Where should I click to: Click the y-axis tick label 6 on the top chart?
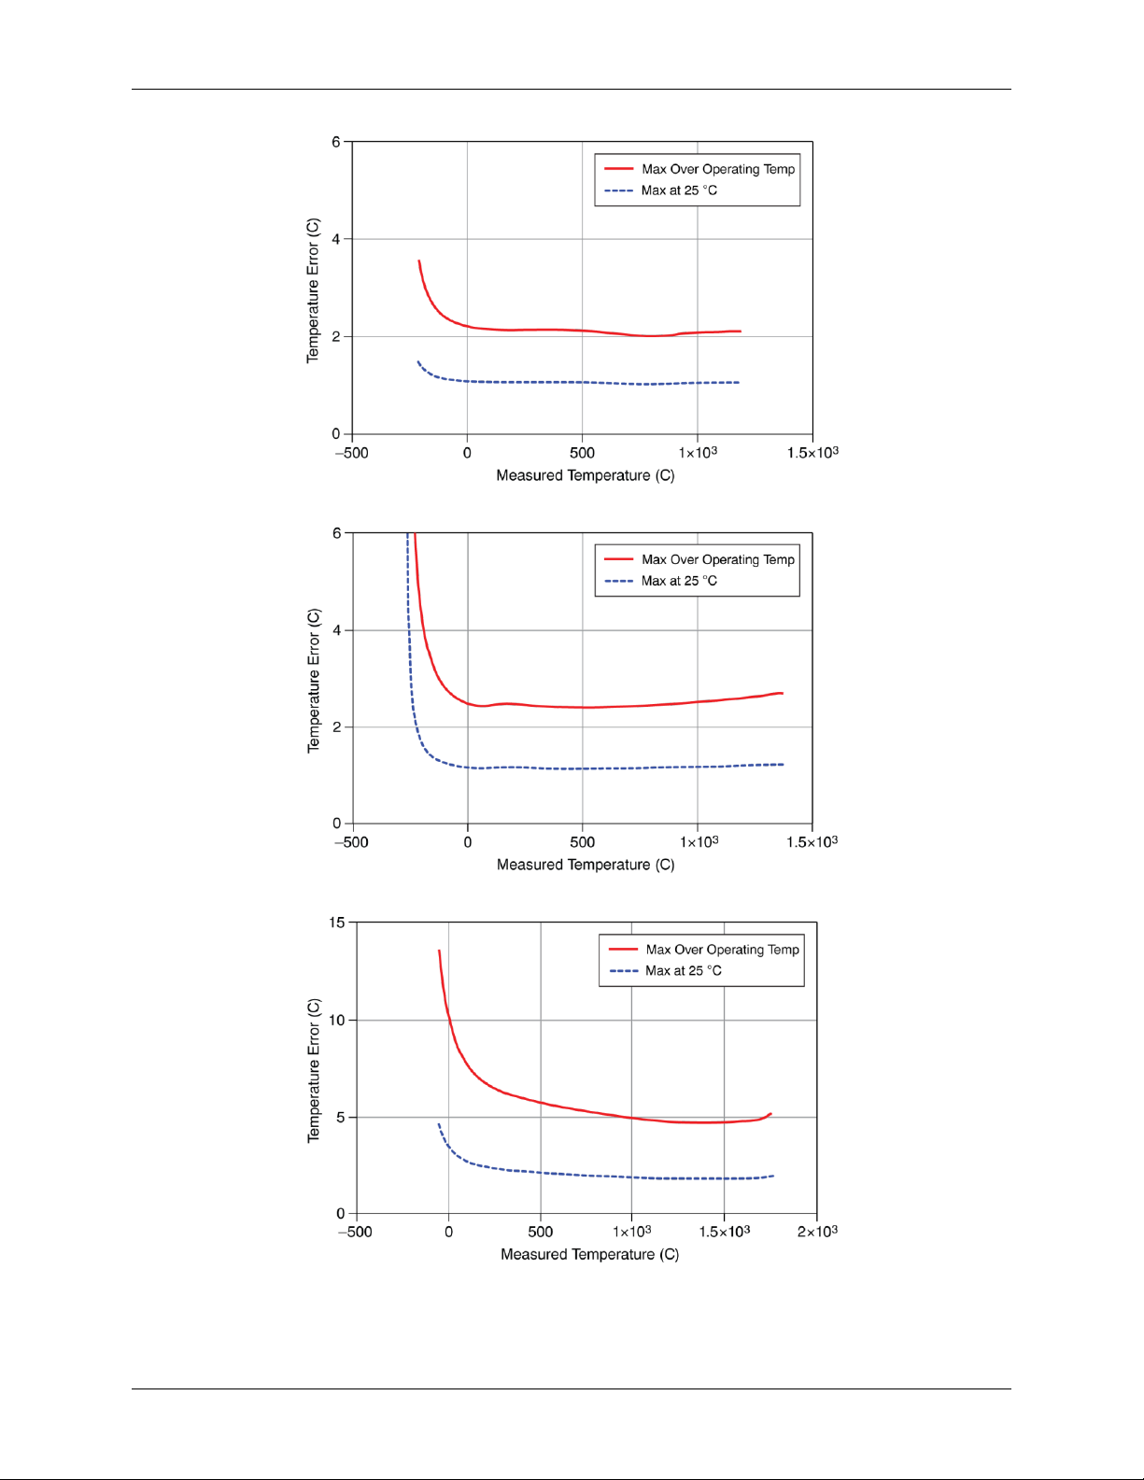coord(336,142)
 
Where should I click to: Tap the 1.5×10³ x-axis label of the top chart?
coord(812,453)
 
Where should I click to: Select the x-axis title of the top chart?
coord(585,475)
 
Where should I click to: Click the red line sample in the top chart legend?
coord(618,169)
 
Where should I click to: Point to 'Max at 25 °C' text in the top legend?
coord(679,190)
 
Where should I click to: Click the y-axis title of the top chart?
coord(313,290)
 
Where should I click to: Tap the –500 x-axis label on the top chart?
coord(351,453)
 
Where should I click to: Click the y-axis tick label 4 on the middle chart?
coord(337,630)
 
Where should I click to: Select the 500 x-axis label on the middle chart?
coord(582,842)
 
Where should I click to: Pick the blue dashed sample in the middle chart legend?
coord(618,581)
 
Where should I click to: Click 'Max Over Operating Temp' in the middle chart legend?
coord(717,559)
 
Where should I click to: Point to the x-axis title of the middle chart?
coord(586,865)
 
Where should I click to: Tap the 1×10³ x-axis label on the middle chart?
coord(699,842)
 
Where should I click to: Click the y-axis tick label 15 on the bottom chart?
coord(336,923)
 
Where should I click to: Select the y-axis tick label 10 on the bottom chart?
coord(336,1020)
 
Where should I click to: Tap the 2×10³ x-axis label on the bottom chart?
coord(817,1232)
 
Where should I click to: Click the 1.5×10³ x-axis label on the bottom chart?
coord(725,1232)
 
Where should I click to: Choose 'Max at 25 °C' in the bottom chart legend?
coord(684,971)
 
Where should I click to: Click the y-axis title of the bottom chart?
coord(314,1070)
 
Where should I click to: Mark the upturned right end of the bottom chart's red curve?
coord(769,1114)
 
